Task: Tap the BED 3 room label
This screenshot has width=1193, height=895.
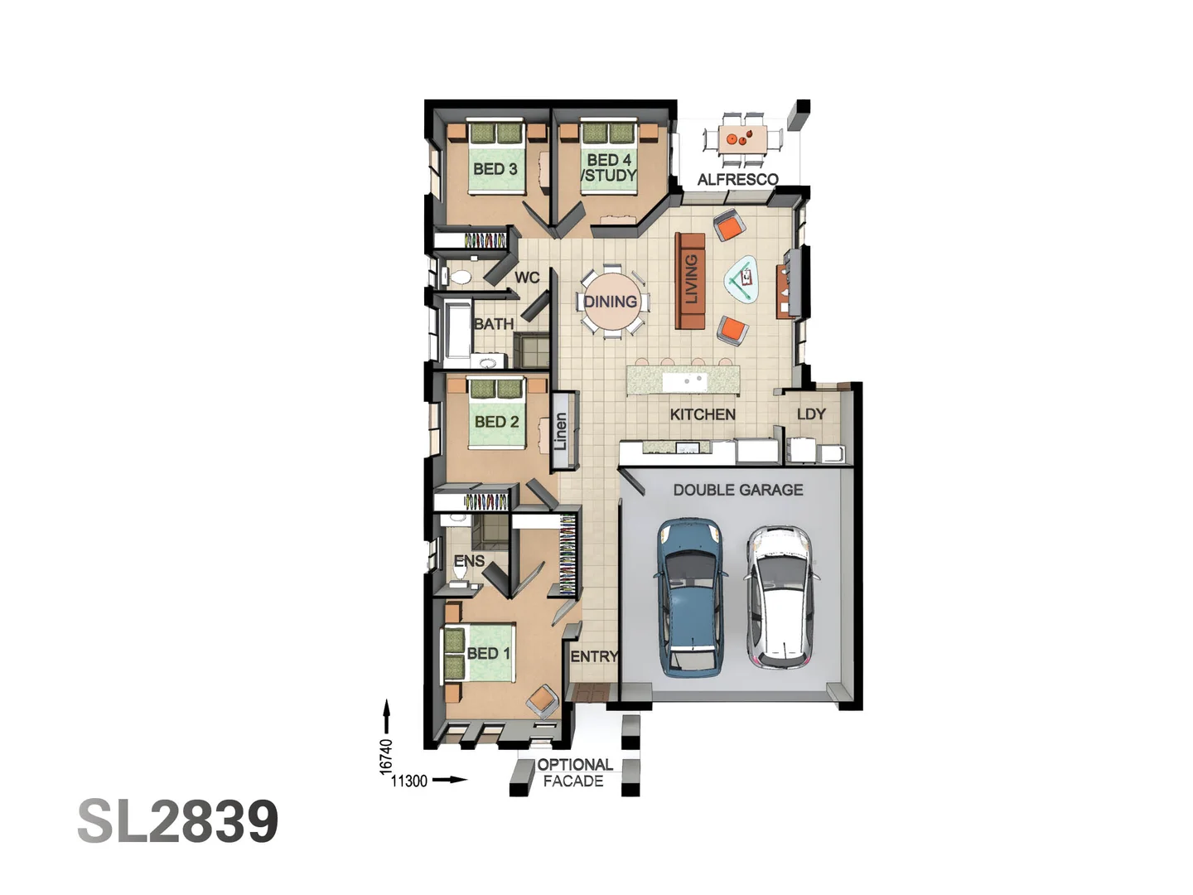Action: click(495, 169)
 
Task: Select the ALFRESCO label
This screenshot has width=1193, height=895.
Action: click(737, 179)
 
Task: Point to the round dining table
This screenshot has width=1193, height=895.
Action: click(611, 301)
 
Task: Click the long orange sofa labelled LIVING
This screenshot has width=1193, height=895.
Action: click(690, 281)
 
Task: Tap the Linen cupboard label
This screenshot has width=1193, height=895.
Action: click(561, 431)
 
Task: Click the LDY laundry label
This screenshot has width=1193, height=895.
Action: click(811, 414)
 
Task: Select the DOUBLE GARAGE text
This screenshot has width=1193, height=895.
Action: click(738, 490)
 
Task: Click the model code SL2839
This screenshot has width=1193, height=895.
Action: click(178, 821)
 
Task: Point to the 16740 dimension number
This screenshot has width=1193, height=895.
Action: click(385, 757)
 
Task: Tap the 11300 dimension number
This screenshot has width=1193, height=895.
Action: click(409, 781)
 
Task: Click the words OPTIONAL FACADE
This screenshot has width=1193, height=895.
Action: click(574, 772)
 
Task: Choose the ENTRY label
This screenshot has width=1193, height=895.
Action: click(594, 656)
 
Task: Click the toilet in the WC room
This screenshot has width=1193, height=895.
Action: click(457, 277)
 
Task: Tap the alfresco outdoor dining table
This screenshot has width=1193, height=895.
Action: click(743, 139)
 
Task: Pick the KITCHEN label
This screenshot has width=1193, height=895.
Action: click(703, 414)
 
